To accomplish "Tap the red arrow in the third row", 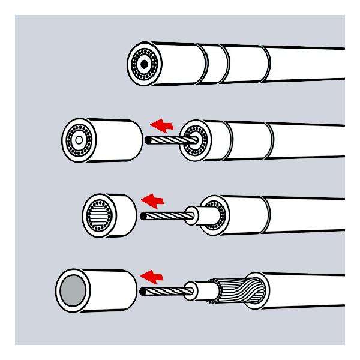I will pyautogui.click(x=151, y=200).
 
